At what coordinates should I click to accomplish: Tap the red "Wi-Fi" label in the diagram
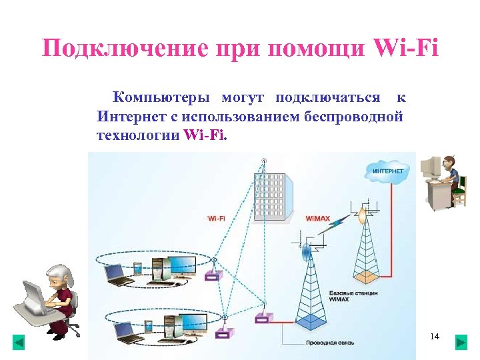217,218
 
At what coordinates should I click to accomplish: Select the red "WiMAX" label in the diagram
317,218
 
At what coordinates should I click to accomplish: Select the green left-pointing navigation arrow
19,343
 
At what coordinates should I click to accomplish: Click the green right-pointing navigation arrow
461,343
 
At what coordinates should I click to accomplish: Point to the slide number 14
435,336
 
